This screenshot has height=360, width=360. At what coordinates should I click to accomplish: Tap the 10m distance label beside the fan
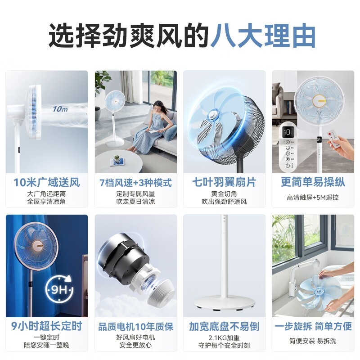coord(60,108)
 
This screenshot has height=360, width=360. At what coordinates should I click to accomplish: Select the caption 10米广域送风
coord(47,183)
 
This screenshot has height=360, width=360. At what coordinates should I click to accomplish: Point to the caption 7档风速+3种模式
coord(136,183)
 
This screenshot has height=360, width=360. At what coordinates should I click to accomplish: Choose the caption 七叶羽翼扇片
coord(224,182)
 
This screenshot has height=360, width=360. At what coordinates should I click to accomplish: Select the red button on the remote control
coord(331,134)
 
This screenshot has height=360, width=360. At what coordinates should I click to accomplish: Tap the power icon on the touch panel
coord(288,165)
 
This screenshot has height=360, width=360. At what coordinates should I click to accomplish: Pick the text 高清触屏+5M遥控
coord(313,198)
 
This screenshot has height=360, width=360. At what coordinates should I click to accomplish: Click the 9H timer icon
coord(59,289)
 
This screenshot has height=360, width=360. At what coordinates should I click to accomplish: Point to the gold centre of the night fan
coord(37,246)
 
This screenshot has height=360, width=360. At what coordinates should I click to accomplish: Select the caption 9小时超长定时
coord(47,326)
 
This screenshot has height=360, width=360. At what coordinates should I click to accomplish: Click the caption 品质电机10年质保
coord(136,327)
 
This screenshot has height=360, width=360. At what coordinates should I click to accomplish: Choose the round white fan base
coord(224,301)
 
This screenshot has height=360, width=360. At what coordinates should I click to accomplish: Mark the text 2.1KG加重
coord(224,338)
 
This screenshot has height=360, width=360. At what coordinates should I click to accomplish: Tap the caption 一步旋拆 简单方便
coord(313,326)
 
